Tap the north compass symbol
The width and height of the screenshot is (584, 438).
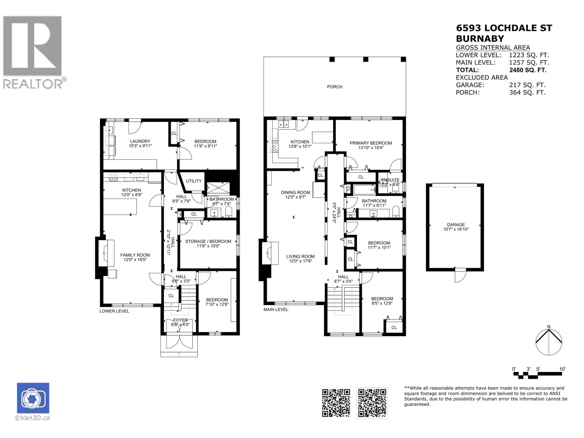(x=549, y=342)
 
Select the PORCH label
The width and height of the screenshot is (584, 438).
(x=334, y=87)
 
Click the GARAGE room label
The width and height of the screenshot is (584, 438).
(x=456, y=225)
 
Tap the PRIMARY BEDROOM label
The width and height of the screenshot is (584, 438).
(x=370, y=143)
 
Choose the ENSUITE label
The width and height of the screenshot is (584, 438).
(x=390, y=180)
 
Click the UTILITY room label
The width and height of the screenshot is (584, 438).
(x=193, y=181)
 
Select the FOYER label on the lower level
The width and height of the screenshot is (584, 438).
(x=180, y=320)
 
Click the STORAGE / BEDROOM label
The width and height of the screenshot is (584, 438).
(x=208, y=241)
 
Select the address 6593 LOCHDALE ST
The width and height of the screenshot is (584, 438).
(x=504, y=28)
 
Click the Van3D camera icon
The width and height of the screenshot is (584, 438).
(x=33, y=398)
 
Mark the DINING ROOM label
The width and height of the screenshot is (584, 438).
(x=295, y=192)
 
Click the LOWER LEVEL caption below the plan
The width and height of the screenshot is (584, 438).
(x=114, y=311)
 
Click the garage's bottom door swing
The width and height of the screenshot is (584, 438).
(x=460, y=275)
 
